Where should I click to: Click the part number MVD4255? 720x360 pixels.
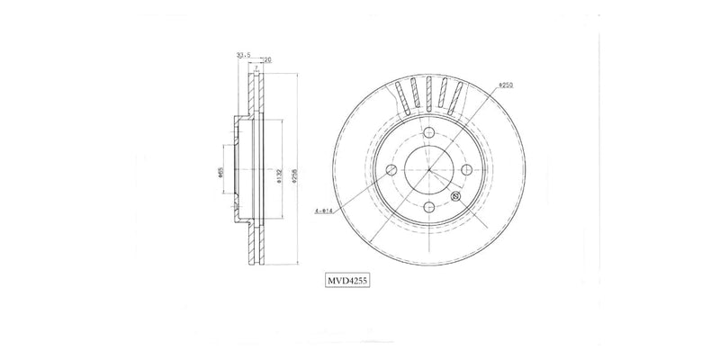coord(348,280)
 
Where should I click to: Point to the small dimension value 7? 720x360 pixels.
coord(257,68)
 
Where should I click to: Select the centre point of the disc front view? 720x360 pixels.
coord(429,169)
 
